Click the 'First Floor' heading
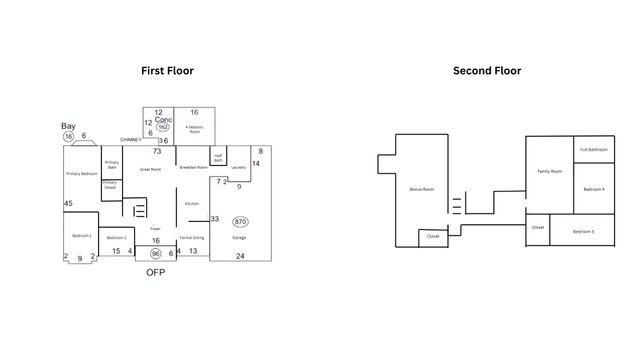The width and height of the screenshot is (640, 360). click(x=166, y=71)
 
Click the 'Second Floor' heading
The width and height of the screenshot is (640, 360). click(x=487, y=71)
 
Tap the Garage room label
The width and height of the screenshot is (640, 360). click(x=239, y=237)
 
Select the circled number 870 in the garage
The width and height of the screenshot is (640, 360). click(x=240, y=221)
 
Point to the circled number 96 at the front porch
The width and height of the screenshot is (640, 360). click(x=156, y=254)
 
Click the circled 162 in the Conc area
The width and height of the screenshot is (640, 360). click(x=163, y=128)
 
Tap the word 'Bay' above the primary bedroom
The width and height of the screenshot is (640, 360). click(x=68, y=126)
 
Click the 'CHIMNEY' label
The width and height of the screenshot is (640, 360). click(x=132, y=140)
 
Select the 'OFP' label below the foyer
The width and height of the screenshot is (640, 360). click(x=155, y=272)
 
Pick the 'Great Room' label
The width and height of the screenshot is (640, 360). click(x=150, y=169)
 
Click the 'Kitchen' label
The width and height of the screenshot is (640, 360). click(x=192, y=204)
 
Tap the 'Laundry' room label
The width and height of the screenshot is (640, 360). click(x=238, y=168)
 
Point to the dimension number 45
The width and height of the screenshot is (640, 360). click(x=68, y=204)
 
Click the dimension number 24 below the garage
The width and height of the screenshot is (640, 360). click(x=240, y=256)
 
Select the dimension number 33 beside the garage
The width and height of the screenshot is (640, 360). click(x=215, y=218)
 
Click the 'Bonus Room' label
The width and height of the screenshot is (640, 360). click(x=422, y=189)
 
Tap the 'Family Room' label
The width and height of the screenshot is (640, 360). click(x=550, y=172)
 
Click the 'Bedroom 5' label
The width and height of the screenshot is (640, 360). click(x=583, y=232)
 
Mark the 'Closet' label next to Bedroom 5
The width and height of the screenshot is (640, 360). click(x=538, y=227)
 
